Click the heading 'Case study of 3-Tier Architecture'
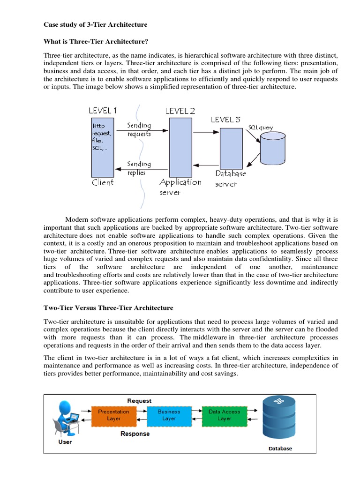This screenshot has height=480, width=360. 95,24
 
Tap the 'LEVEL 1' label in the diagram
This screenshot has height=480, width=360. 103,111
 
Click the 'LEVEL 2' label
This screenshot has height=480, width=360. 180,111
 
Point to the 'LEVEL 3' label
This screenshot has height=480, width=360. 226,120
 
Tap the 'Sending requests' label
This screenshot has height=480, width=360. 139,129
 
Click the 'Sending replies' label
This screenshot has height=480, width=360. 139,168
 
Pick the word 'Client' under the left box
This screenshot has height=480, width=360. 103,182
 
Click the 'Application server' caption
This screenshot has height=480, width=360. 180,187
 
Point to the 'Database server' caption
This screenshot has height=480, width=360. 230,179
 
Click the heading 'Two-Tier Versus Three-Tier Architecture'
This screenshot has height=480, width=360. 108,308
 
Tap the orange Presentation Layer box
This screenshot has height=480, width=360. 113,415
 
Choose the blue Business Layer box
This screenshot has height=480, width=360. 169,415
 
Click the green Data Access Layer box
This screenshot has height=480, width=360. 224,415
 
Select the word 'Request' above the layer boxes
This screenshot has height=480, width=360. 139,401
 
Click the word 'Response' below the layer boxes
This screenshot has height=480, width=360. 135,434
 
